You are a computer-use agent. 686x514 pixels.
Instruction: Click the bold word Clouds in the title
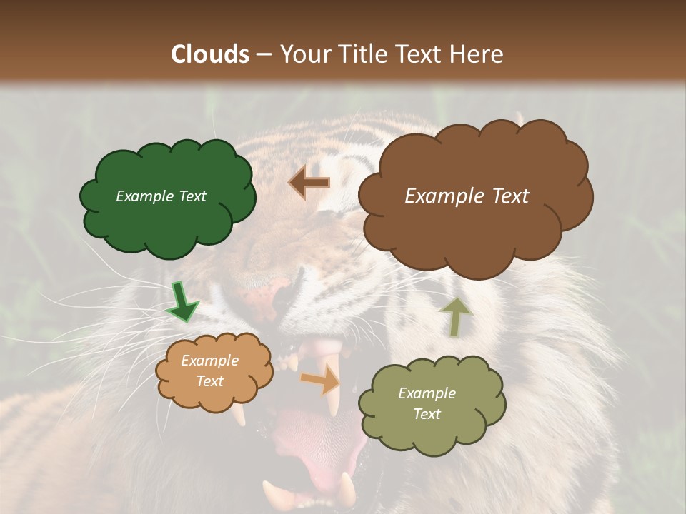[210, 54]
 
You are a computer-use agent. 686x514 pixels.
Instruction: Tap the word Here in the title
[478, 54]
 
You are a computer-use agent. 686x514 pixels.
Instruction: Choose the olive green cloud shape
[432, 428]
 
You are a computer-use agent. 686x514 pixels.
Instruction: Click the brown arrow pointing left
[309, 183]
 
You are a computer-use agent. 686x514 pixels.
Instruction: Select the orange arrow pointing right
[322, 380]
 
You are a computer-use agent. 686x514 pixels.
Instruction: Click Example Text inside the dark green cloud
[161, 196]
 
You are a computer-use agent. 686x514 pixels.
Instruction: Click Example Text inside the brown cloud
[467, 196]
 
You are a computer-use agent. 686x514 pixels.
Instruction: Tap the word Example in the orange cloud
[209, 361]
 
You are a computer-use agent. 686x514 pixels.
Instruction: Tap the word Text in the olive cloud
[427, 414]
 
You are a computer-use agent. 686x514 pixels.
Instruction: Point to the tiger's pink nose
[275, 293]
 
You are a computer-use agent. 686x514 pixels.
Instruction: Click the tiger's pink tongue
[322, 450]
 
